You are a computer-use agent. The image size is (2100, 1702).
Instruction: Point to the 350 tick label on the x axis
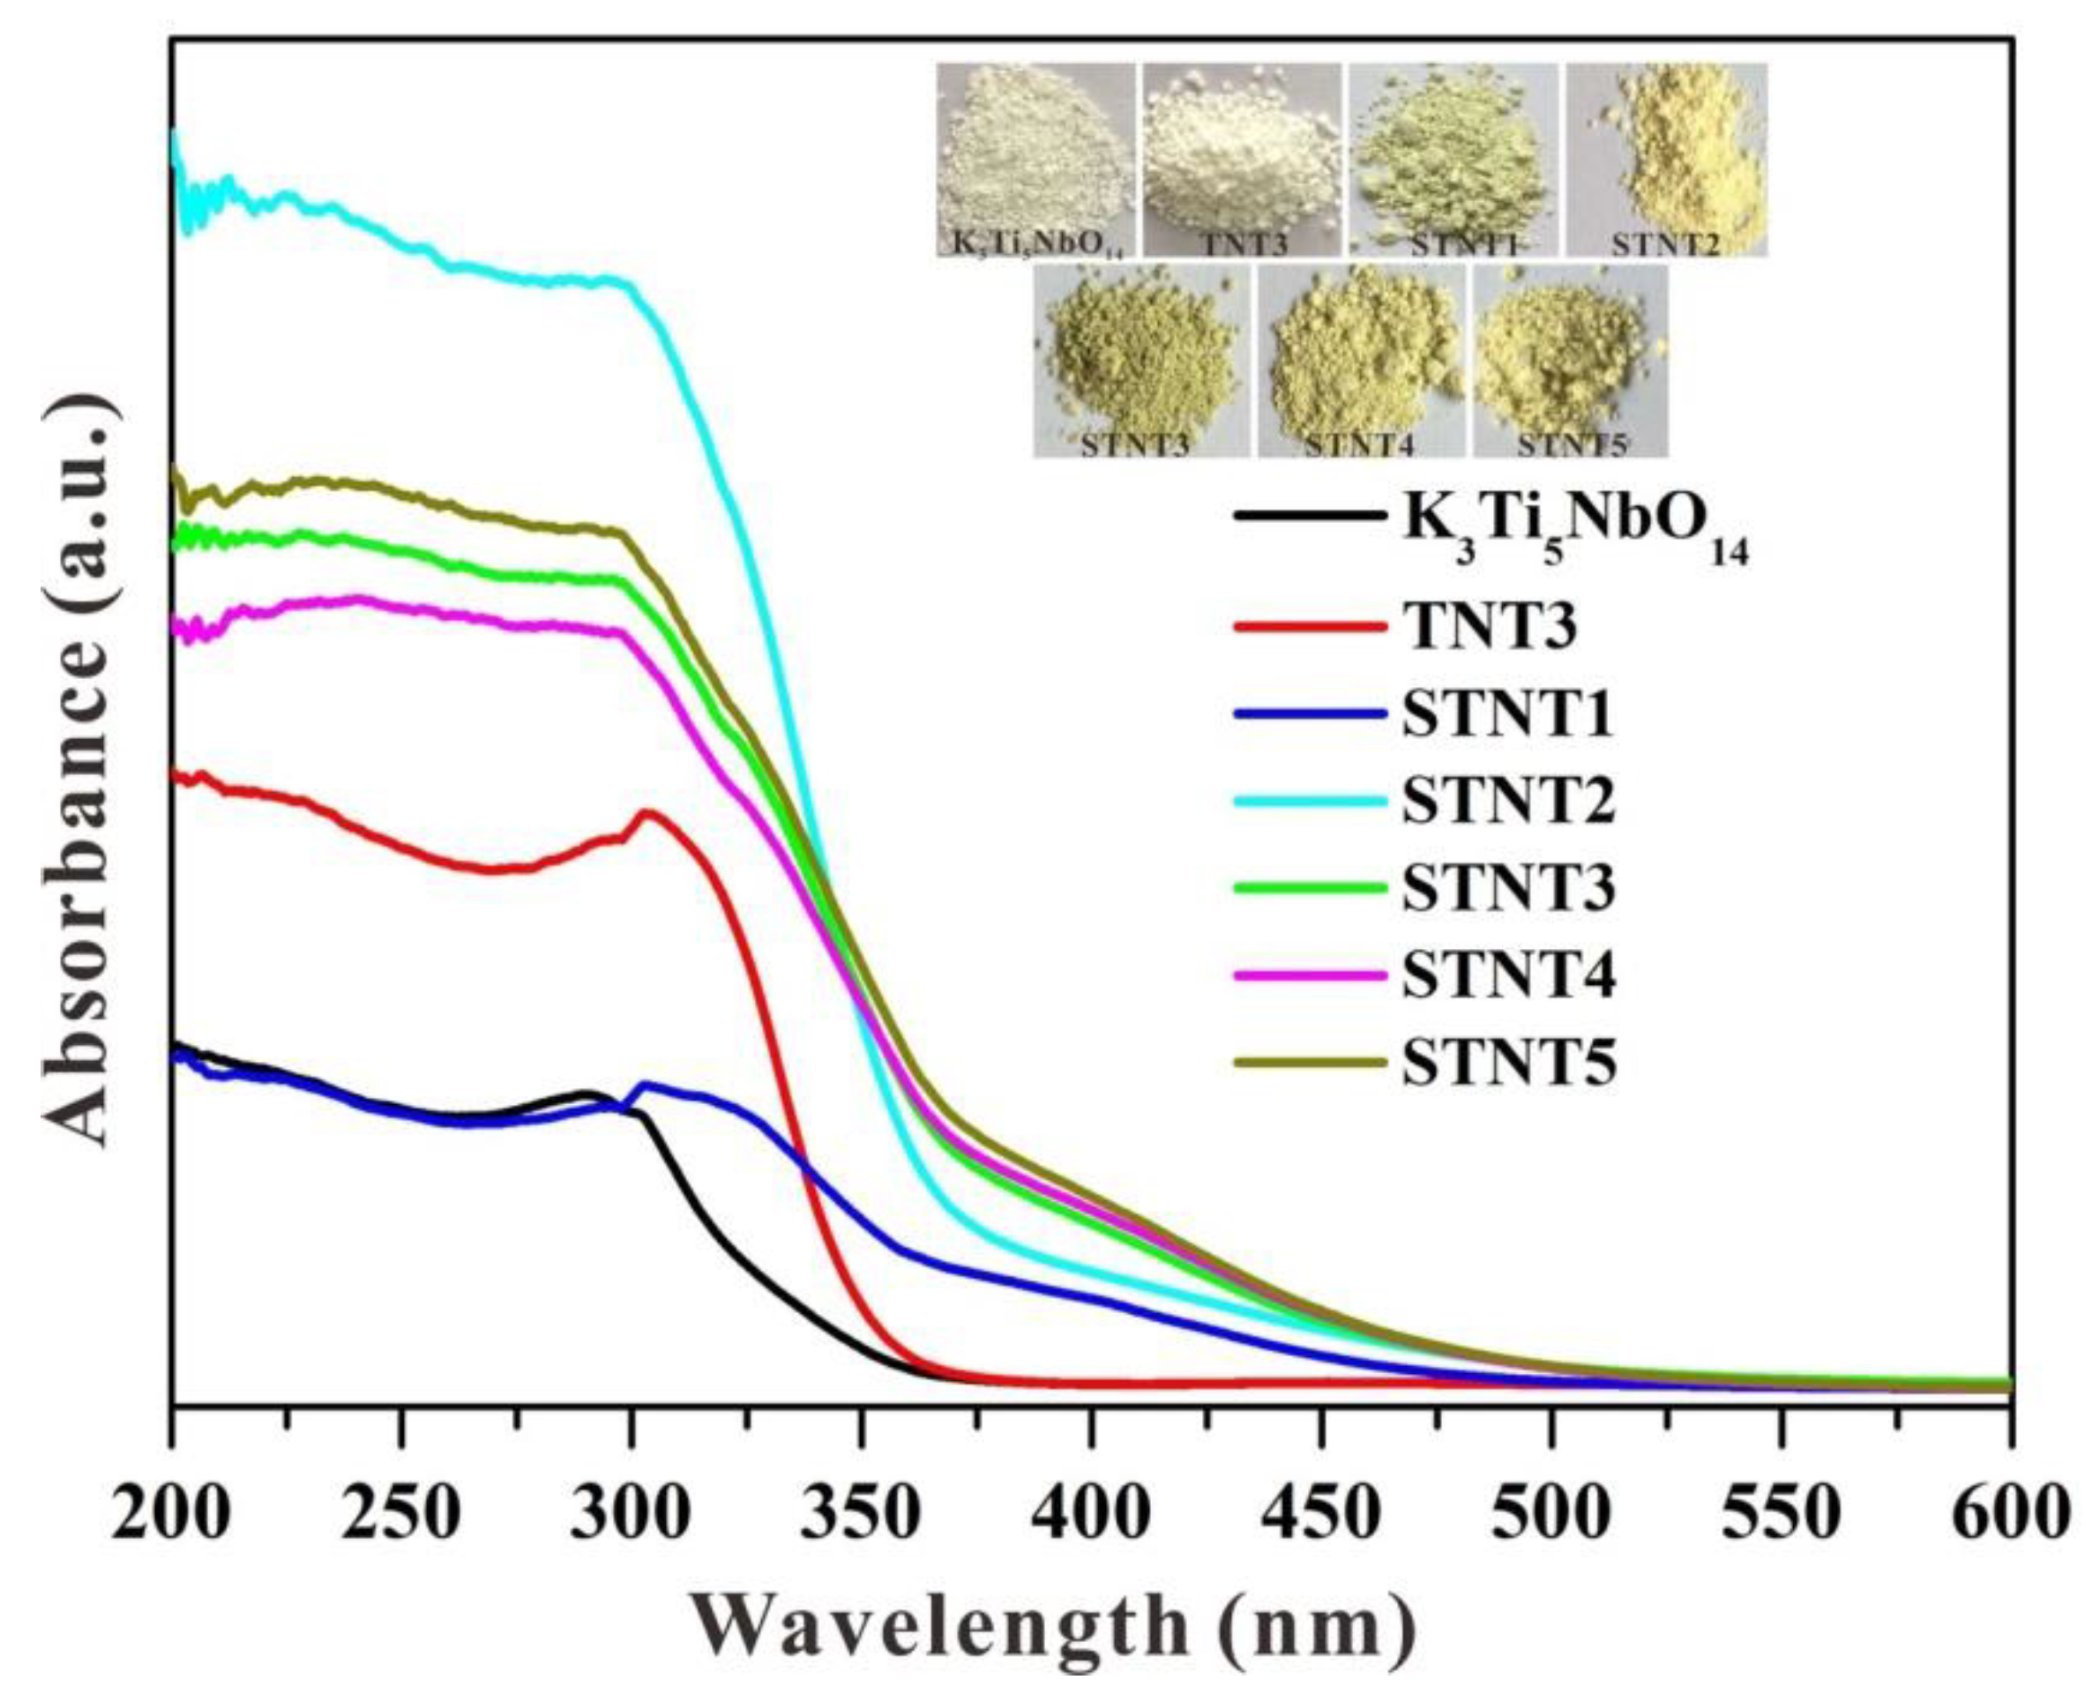coord(861,1514)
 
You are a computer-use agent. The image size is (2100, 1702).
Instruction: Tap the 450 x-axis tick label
coord(1323,1514)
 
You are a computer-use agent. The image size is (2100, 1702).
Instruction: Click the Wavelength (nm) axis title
coord(1055,1631)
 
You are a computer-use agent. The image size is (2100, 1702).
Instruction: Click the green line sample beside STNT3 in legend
coord(1310,887)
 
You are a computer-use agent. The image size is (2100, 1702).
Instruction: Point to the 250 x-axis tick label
coord(400,1514)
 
